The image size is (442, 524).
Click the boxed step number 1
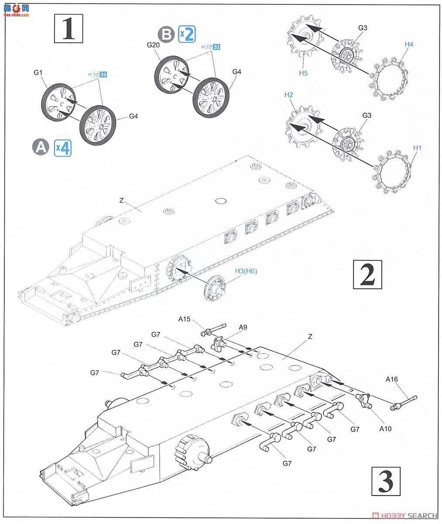[68, 28]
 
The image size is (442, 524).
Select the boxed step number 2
[367, 275]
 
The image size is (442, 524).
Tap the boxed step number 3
[386, 481]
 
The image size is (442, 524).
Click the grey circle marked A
[41, 148]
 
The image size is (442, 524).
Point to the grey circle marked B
[168, 34]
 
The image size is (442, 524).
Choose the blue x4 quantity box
[62, 148]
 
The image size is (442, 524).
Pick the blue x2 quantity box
[186, 34]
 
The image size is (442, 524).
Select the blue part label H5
[303, 73]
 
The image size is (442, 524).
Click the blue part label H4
[408, 44]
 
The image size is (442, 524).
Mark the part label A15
[184, 319]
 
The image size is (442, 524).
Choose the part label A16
[391, 379]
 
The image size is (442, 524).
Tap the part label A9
[243, 327]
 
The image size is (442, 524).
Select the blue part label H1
[418, 148]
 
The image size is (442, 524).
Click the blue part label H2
[289, 95]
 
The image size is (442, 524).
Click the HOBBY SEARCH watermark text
[412, 515]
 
